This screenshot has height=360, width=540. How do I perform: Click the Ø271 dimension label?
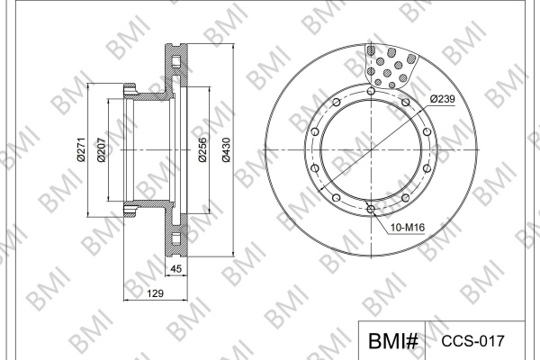[81, 149]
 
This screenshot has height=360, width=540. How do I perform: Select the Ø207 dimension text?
[101, 149]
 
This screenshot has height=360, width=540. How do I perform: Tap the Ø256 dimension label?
[202, 149]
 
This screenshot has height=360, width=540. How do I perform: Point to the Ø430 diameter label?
[226, 149]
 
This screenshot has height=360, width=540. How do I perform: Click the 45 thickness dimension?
[176, 268]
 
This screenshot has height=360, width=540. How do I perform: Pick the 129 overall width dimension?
[155, 293]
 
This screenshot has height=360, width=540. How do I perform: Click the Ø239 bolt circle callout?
[443, 99]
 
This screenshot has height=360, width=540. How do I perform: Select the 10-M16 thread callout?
[408, 228]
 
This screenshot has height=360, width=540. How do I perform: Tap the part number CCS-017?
[473, 341]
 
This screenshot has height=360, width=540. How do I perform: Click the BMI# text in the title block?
[393, 341]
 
